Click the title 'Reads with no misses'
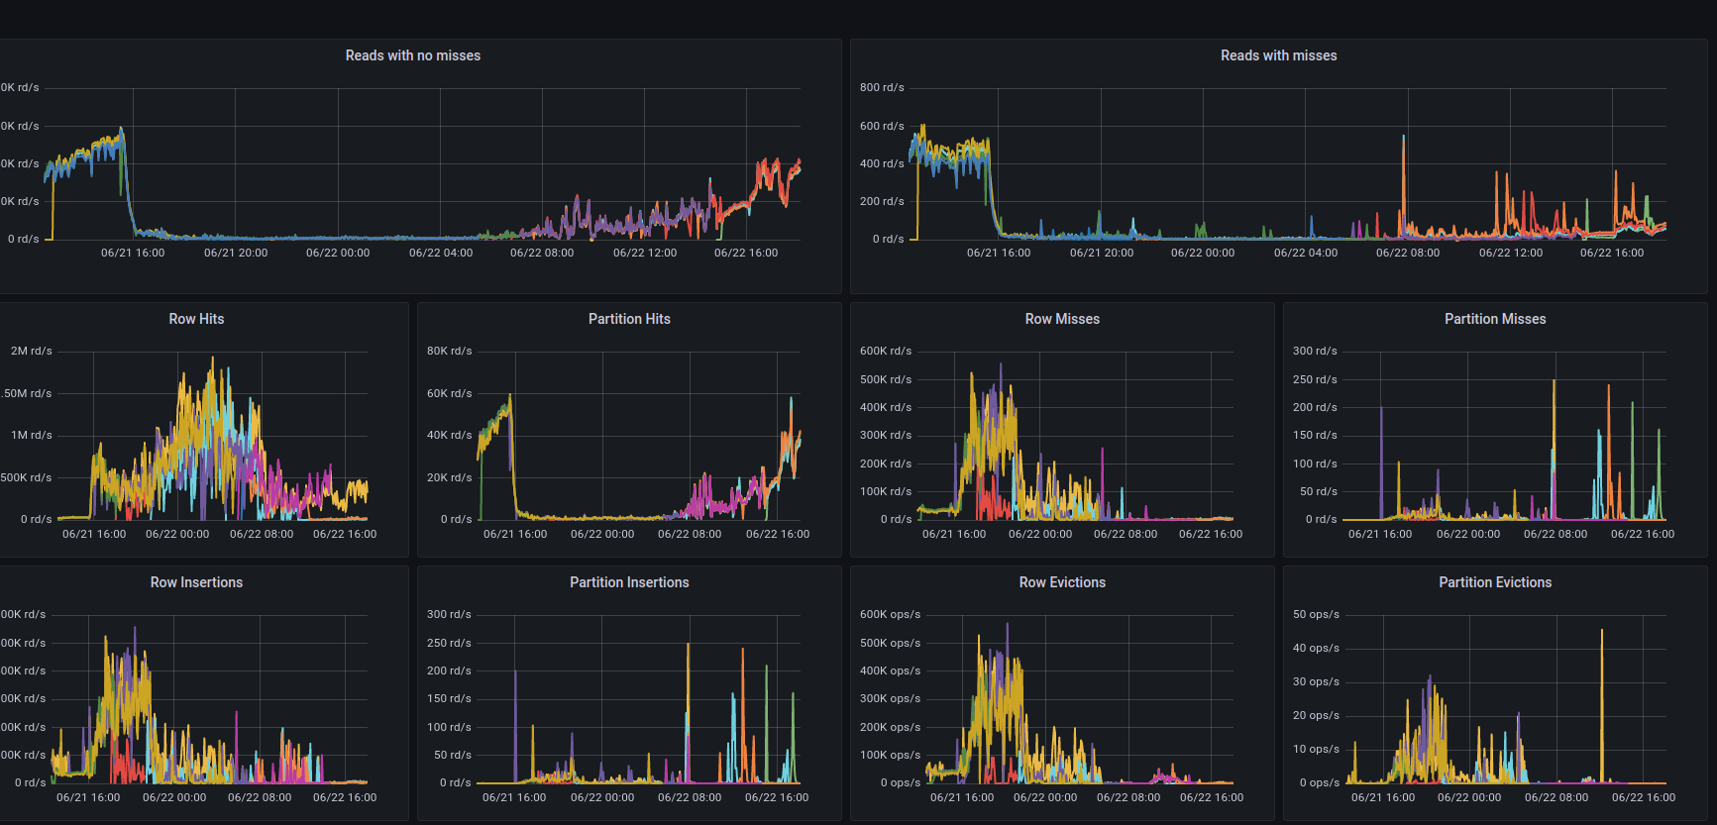pos(412,55)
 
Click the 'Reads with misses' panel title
pos(1278,55)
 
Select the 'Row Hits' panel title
pos(196,319)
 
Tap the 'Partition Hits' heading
pos(629,319)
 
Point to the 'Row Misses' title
pos(1062,319)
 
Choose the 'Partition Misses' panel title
pos(1494,319)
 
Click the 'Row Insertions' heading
pos(196,582)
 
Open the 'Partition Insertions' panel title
pos(629,582)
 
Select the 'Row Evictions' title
pos(1062,582)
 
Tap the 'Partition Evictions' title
pos(1494,582)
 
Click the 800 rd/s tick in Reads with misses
pos(881,87)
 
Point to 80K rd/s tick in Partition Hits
pos(449,351)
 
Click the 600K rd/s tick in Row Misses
pos(885,351)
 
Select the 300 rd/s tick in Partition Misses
pos(1314,351)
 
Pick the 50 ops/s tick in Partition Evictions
pos(1315,614)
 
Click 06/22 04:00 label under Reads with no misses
pos(441,253)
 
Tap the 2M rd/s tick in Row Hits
pos(31,351)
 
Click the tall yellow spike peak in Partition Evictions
pos(1601,631)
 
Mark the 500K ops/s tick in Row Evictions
pos(890,643)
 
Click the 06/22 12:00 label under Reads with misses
pos(1510,253)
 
